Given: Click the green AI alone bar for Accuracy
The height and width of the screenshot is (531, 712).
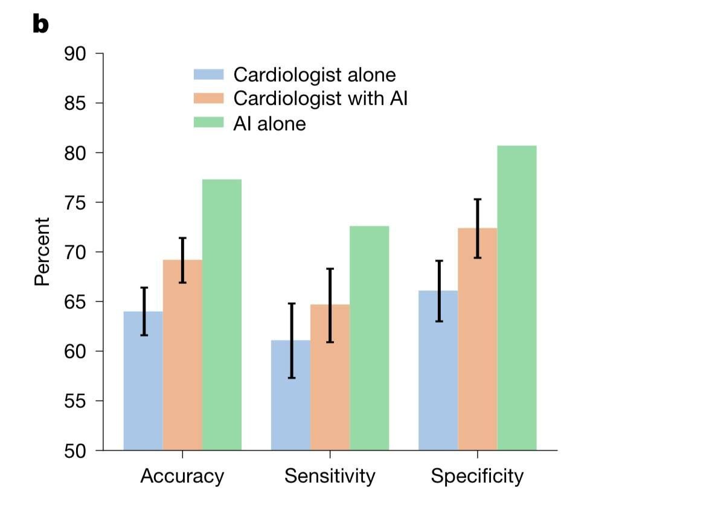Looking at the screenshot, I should point(222,314).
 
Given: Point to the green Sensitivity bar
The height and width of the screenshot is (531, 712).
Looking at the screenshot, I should point(369,338).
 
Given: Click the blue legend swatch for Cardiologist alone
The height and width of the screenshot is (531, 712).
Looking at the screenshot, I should point(208,74).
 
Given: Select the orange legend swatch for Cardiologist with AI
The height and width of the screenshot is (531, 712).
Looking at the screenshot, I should point(208,98).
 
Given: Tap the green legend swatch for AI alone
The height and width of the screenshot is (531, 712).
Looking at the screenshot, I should point(208,123).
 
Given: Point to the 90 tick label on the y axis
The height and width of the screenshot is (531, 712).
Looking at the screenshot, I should point(75,54).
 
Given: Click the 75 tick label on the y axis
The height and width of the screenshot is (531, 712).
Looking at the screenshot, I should point(75,202).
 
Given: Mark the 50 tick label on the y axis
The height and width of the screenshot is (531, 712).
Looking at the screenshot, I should point(75,451).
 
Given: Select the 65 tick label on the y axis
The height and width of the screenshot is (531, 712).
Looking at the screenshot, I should point(75,301).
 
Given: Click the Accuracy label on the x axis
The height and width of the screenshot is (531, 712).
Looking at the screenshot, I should point(182,477).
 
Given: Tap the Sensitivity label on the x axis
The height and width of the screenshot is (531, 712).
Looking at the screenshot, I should point(330,477).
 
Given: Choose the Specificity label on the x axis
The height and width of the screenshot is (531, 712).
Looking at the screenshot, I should point(477,477).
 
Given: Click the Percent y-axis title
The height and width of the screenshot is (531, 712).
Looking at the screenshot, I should point(42,252).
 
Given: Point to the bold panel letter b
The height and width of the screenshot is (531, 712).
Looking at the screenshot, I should point(40,25).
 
